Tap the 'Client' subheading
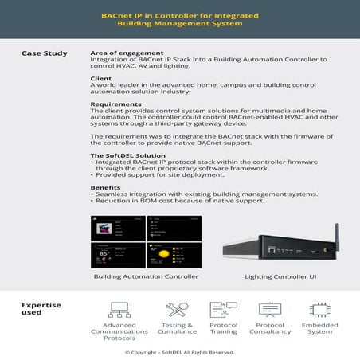(101, 79)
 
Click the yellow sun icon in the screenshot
(162, 253)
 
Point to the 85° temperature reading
(104, 254)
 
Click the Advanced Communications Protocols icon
(119, 309)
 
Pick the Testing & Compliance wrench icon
(177, 309)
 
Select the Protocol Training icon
(222, 309)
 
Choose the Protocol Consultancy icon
(271, 309)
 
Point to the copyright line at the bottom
(179, 351)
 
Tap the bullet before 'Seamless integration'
(92, 194)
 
